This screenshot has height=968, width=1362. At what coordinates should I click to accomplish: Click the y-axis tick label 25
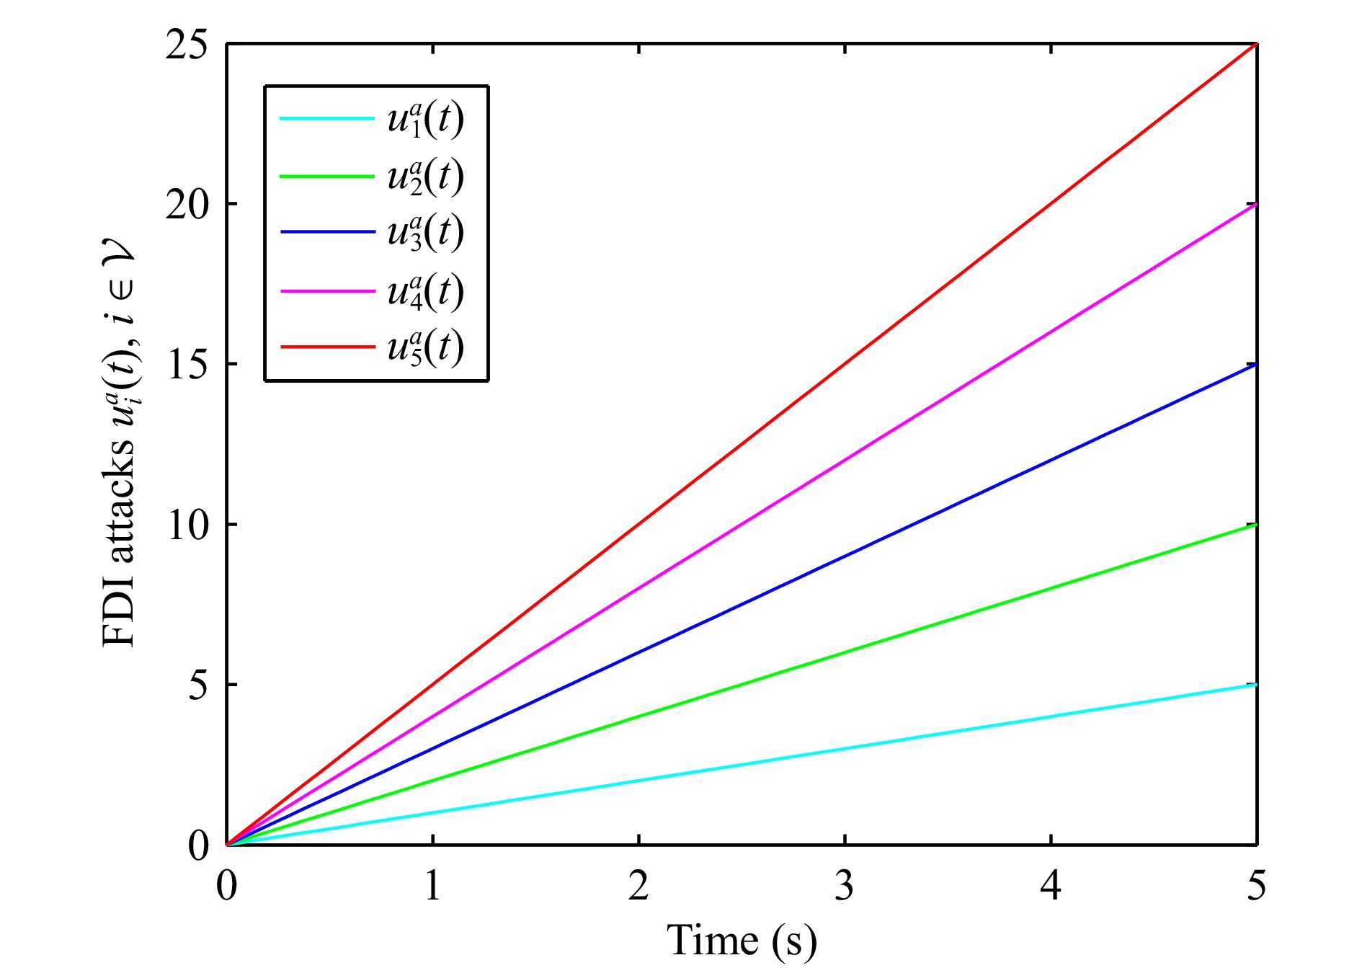[x=186, y=45]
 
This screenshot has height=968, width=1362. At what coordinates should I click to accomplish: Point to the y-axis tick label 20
[x=186, y=205]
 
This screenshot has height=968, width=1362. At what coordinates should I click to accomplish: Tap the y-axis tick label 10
[x=186, y=525]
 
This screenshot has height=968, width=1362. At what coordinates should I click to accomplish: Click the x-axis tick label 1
[x=432, y=886]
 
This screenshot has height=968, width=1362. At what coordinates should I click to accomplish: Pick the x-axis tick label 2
[x=638, y=886]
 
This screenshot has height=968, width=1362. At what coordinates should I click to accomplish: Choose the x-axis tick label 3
[x=845, y=886]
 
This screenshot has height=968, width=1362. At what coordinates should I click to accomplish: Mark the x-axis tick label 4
[x=1051, y=886]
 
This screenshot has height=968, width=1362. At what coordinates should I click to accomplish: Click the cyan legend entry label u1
[x=425, y=120]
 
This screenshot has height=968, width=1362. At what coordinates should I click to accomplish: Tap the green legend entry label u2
[x=425, y=177]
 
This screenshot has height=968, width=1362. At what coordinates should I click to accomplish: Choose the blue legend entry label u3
[x=425, y=233]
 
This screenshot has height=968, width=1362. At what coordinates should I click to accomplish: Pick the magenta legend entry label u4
[x=425, y=291]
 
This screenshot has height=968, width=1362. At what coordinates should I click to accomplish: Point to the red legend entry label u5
[x=425, y=347]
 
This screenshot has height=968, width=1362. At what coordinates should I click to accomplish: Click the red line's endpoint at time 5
[x=1256, y=45]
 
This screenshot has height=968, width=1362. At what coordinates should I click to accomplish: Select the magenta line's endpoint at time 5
[x=1256, y=205]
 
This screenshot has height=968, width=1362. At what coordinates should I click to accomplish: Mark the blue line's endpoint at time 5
[x=1256, y=365]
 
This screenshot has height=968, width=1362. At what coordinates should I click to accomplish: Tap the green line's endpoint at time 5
[x=1256, y=525]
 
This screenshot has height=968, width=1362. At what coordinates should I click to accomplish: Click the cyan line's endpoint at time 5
[x=1256, y=685]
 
